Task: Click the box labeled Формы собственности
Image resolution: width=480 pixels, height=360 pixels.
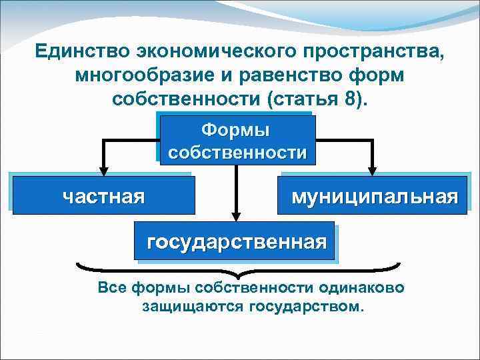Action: coord(237,141)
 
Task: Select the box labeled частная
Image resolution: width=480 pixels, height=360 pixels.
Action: coord(104,196)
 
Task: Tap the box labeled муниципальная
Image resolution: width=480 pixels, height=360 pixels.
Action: coord(374,196)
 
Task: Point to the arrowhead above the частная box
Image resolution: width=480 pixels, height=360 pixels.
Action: coord(103,168)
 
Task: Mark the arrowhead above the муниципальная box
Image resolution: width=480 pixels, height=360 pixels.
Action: coord(373,168)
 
